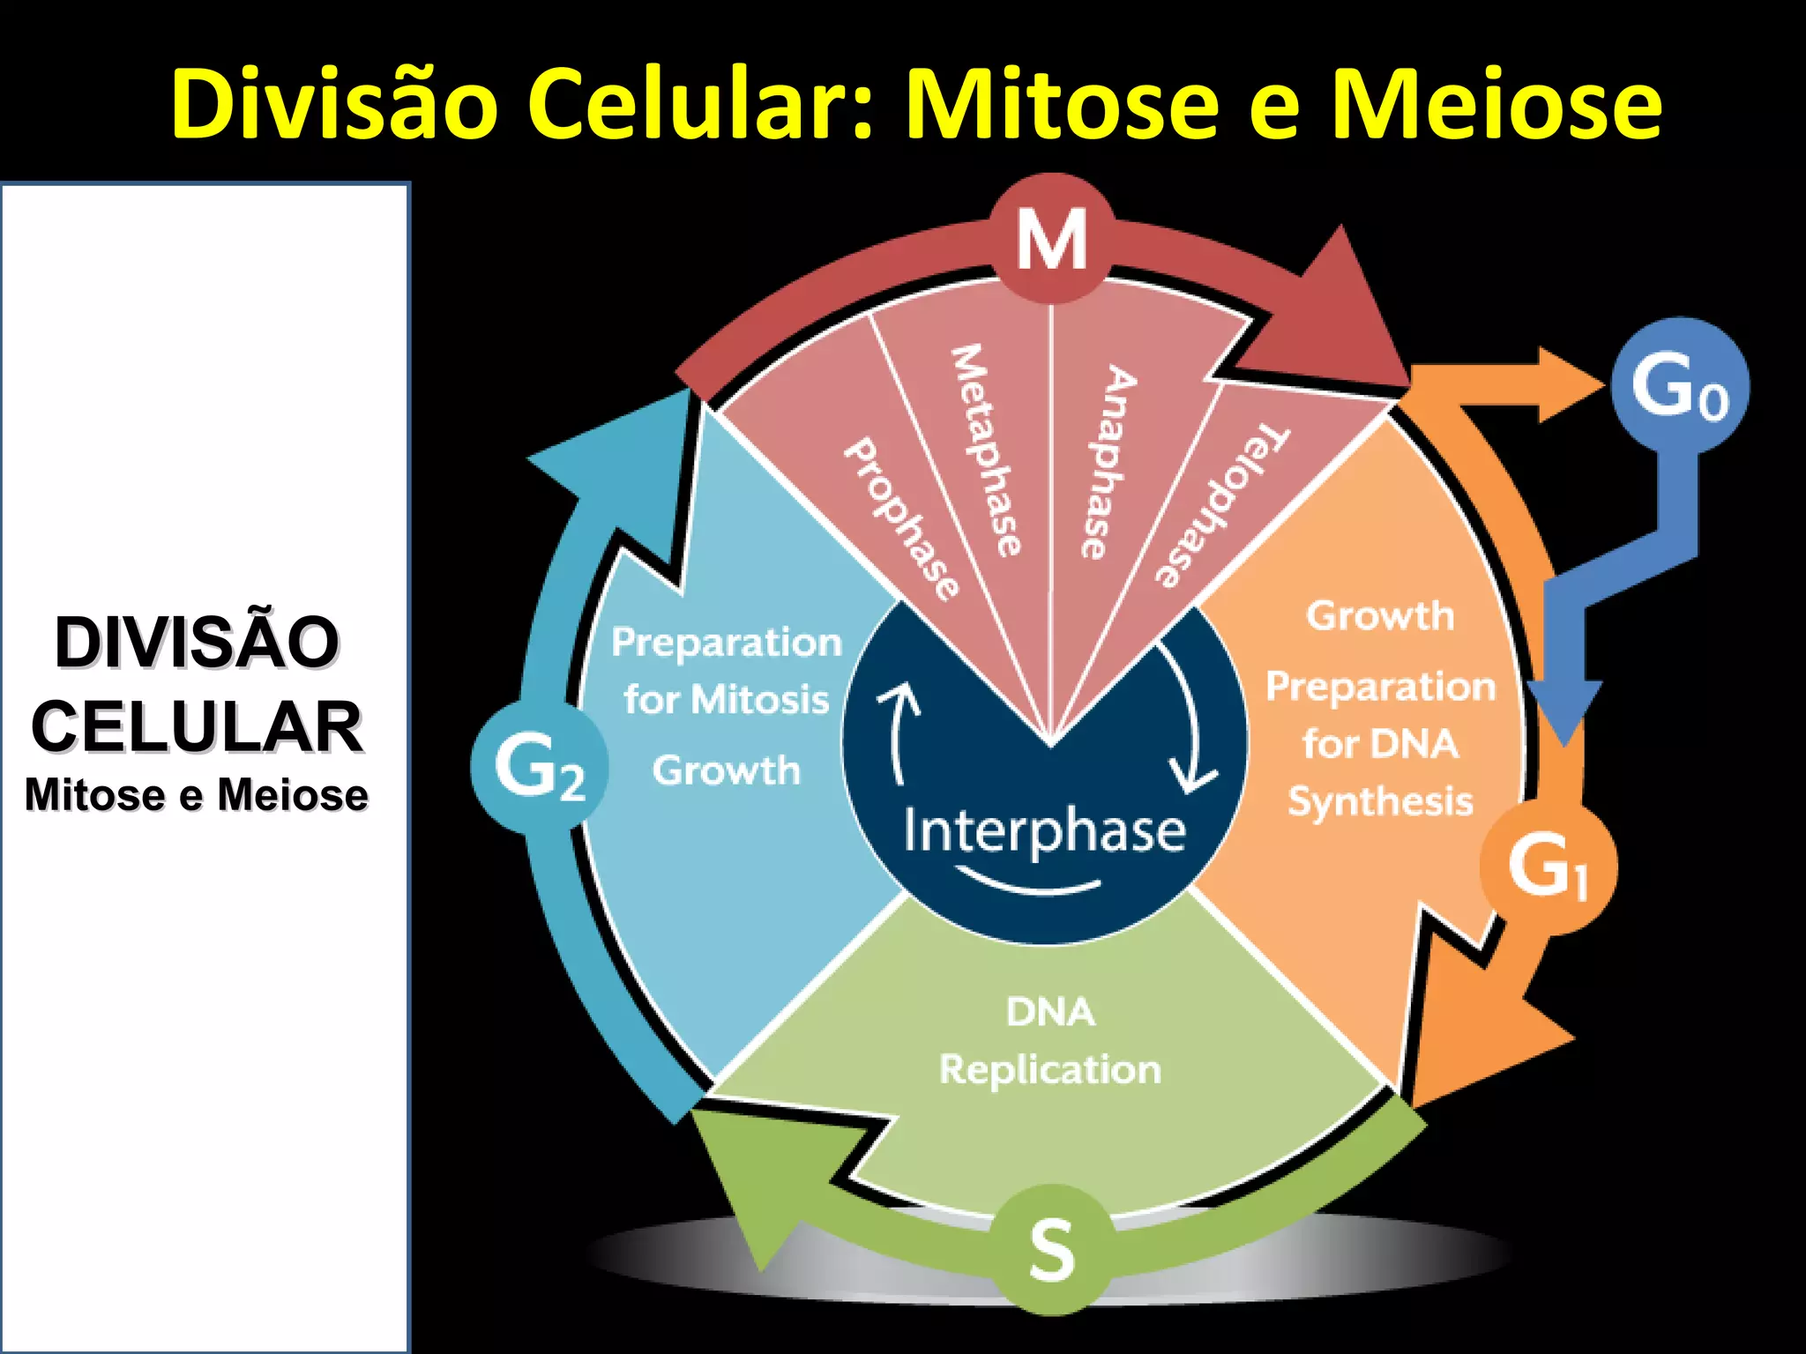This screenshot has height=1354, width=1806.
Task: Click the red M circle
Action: pyautogui.click(x=1051, y=238)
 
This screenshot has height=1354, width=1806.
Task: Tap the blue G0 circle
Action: pyautogui.click(x=1679, y=386)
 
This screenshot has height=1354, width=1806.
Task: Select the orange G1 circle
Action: pyautogui.click(x=1548, y=867)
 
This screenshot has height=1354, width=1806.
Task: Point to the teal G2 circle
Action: pyautogui.click(x=539, y=767)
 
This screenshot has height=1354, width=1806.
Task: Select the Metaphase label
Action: pyautogui.click(x=986, y=450)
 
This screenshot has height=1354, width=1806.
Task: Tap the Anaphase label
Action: pyautogui.click(x=1108, y=462)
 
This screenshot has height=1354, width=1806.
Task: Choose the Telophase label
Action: pyautogui.click(x=1220, y=506)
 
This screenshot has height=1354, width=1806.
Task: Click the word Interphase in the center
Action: pyautogui.click(x=1045, y=831)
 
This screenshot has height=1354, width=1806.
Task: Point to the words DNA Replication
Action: pyautogui.click(x=1049, y=1041)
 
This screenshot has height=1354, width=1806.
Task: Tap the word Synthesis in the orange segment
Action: pyautogui.click(x=1380, y=801)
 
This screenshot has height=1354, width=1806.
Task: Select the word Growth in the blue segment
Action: pyautogui.click(x=727, y=770)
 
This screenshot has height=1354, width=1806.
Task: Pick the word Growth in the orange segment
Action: pyautogui.click(x=1380, y=615)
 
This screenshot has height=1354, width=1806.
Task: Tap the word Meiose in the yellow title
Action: pyautogui.click(x=1496, y=104)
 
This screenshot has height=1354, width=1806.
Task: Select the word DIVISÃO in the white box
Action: pyautogui.click(x=197, y=642)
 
